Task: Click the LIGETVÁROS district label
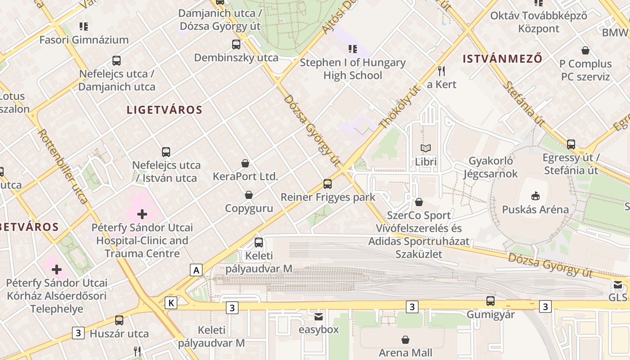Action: click(x=164, y=110)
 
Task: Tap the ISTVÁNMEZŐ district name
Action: click(x=502, y=59)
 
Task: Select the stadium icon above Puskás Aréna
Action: click(x=535, y=196)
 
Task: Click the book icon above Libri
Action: click(x=425, y=148)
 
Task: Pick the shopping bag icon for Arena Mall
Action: click(x=405, y=339)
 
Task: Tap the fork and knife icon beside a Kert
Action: click(x=441, y=71)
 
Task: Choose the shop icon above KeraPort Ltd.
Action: click(x=245, y=163)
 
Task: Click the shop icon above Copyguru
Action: click(x=248, y=195)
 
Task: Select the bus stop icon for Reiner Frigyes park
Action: click(x=328, y=184)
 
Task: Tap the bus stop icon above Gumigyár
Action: click(x=490, y=301)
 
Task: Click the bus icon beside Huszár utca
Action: click(x=119, y=320)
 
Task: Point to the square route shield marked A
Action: click(x=196, y=270)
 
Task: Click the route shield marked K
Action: click(x=171, y=303)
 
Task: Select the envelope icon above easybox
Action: click(x=319, y=316)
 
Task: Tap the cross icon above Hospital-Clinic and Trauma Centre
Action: click(x=142, y=214)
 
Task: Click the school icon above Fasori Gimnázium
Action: click(x=84, y=27)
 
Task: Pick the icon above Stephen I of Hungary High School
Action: click(x=353, y=49)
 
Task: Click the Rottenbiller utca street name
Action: click(x=63, y=166)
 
